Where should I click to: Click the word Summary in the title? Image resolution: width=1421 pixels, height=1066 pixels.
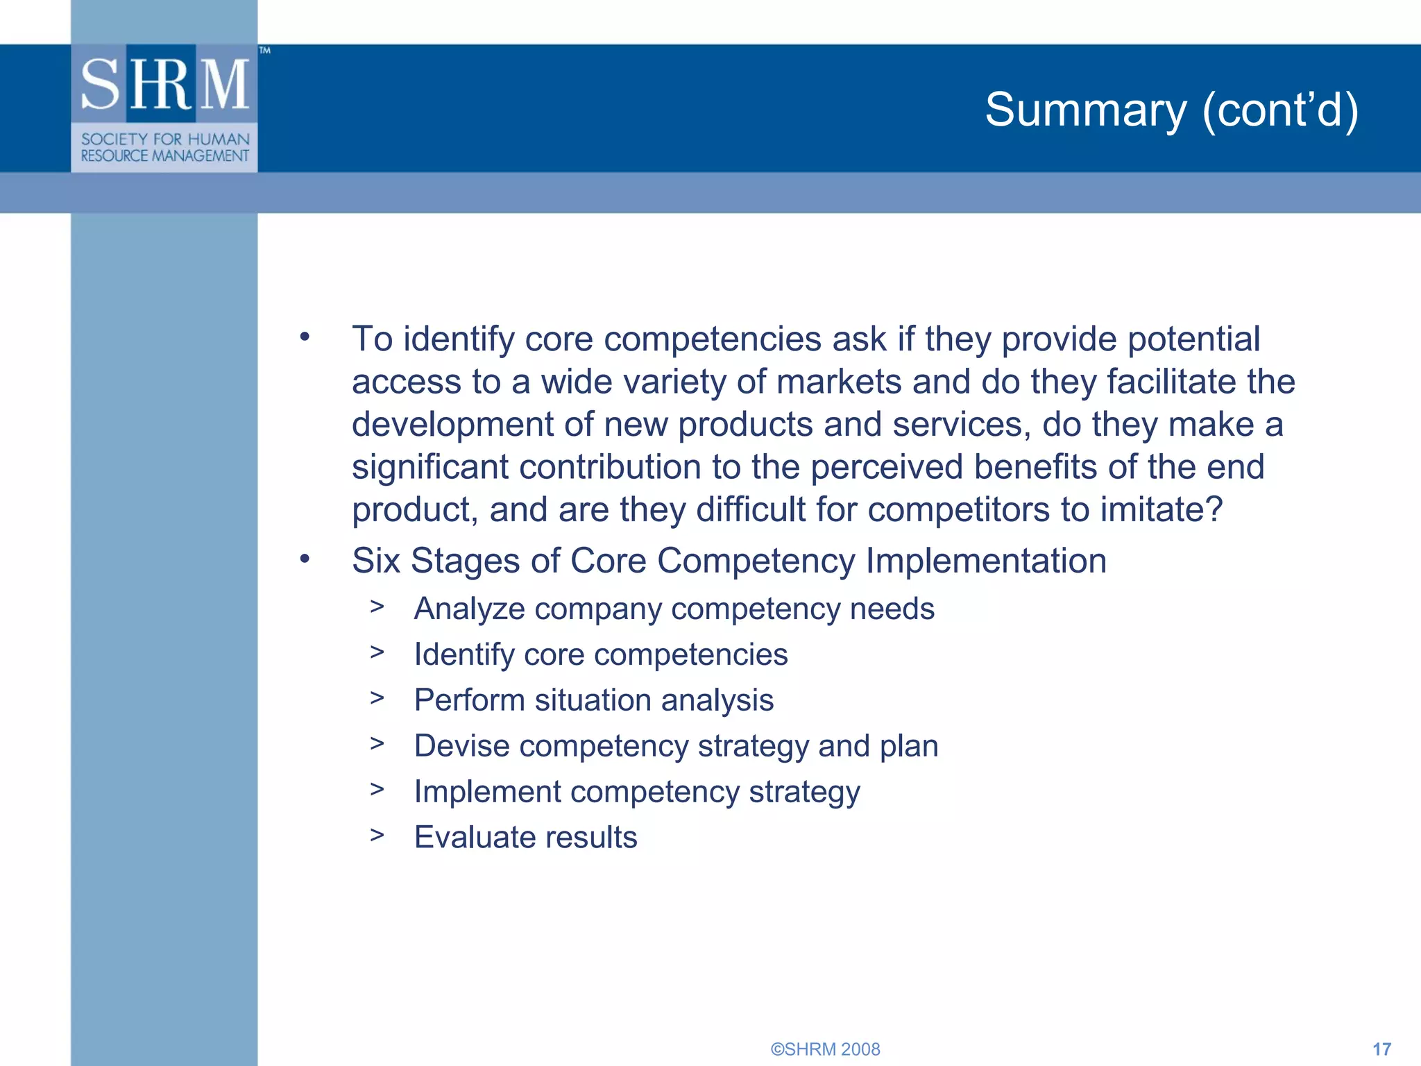click(1086, 110)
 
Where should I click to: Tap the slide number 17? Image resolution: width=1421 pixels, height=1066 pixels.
click(1381, 1049)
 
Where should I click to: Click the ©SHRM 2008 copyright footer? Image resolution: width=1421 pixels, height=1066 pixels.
click(825, 1049)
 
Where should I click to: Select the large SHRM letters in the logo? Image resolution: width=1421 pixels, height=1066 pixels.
click(165, 85)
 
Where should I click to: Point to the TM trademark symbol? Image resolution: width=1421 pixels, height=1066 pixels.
click(265, 51)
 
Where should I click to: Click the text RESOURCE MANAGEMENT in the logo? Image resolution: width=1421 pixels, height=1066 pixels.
click(165, 156)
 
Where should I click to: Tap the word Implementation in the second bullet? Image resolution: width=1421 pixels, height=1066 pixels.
click(986, 561)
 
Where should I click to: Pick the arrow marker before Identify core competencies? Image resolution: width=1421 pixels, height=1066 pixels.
click(377, 652)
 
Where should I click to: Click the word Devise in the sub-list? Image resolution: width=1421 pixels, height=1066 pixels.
click(461, 746)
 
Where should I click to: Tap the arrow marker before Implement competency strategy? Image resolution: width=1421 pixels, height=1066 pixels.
click(377, 789)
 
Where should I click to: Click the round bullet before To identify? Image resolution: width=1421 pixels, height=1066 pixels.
click(305, 338)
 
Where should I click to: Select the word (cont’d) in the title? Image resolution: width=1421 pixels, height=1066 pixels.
click(1280, 110)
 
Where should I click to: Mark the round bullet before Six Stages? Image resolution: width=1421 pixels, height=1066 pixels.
click(305, 559)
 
